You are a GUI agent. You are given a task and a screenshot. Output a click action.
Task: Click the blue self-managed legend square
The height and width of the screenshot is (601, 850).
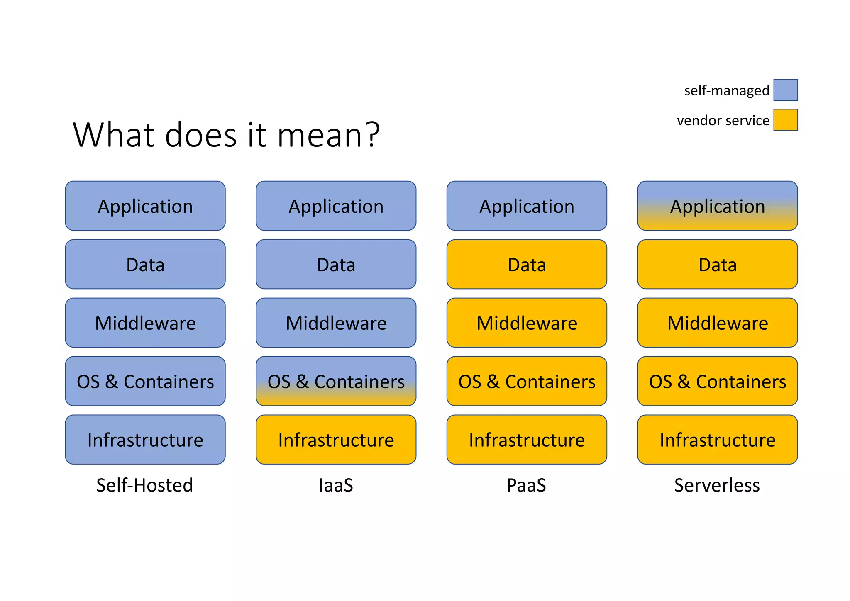[785, 90]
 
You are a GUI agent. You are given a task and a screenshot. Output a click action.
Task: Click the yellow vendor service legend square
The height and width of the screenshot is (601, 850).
[785, 120]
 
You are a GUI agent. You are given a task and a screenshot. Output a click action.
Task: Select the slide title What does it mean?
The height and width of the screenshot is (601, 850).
[226, 135]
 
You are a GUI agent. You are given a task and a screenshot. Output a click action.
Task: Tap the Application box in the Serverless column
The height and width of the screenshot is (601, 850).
[717, 206]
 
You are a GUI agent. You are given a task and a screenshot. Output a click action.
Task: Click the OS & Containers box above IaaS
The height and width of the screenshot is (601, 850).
[336, 381]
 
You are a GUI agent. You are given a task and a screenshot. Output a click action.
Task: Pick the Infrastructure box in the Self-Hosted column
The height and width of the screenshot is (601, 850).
[145, 440]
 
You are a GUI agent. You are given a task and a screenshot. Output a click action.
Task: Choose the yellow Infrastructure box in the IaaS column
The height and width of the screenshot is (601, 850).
[336, 440]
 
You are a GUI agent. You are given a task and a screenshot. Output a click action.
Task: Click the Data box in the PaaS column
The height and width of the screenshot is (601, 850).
[527, 264]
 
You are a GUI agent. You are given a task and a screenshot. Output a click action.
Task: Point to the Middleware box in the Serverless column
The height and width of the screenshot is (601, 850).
[717, 323]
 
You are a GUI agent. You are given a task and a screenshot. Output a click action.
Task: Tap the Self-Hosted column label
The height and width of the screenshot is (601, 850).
[144, 485]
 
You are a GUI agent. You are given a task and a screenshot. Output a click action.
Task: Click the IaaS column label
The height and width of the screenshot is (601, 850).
[336, 485]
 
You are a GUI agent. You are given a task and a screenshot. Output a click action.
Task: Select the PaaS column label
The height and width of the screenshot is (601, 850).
[526, 485]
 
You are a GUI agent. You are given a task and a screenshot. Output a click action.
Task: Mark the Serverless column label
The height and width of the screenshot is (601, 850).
[717, 485]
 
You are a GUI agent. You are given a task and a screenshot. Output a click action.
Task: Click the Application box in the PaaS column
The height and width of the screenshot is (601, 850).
[527, 206]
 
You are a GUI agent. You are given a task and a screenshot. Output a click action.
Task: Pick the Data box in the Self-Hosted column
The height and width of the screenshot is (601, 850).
[145, 264]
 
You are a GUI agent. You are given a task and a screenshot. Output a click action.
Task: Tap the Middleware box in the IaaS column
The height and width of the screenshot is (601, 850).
[336, 323]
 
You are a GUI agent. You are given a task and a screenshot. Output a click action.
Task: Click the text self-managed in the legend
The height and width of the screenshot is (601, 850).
[726, 90]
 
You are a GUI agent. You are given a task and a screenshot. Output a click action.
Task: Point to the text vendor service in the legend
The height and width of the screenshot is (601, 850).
[723, 120]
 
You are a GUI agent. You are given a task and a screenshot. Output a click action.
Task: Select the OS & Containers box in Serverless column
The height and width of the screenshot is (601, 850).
[717, 381]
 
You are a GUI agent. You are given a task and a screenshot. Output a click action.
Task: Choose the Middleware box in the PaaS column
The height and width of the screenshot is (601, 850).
[527, 323]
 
